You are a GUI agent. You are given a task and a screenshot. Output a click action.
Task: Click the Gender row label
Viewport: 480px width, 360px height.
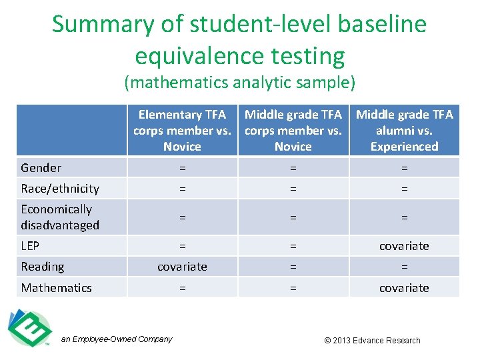pyautogui.click(x=41, y=168)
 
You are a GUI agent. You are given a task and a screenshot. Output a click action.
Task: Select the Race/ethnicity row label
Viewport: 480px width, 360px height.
pyautogui.click(x=60, y=189)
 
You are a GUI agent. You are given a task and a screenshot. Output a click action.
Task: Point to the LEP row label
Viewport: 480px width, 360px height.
pyautogui.click(x=30, y=246)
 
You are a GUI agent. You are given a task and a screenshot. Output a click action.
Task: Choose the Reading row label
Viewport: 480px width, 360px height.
pyautogui.click(x=43, y=267)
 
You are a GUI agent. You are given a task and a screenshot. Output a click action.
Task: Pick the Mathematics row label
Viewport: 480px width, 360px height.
pyautogui.click(x=56, y=288)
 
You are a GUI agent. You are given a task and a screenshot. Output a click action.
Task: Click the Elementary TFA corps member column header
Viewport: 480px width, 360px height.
pyautogui.click(x=182, y=131)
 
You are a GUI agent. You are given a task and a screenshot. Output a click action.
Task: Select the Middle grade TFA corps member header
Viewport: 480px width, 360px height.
pyautogui.click(x=293, y=131)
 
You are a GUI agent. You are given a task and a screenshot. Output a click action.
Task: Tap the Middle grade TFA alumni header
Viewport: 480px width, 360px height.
pyautogui.click(x=404, y=131)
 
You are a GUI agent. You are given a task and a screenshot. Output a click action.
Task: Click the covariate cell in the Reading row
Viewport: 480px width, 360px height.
pyautogui.click(x=182, y=267)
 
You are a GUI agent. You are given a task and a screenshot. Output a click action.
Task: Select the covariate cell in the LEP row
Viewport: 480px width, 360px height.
pyautogui.click(x=404, y=246)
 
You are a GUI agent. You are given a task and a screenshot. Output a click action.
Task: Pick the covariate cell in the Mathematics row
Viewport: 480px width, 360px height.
pyautogui.click(x=404, y=288)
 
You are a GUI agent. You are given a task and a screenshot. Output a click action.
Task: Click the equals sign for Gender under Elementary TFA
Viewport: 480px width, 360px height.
pyautogui.click(x=182, y=168)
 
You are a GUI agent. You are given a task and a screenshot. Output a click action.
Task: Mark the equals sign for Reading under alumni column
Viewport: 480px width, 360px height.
pyautogui.click(x=404, y=267)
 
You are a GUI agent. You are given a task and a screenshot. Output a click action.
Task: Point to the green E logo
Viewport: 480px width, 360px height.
pyautogui.click(x=30, y=328)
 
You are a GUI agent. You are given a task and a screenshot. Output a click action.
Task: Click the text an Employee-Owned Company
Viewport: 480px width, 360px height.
pyautogui.click(x=117, y=339)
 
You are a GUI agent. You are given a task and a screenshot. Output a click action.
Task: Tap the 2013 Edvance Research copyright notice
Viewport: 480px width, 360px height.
pyautogui.click(x=372, y=341)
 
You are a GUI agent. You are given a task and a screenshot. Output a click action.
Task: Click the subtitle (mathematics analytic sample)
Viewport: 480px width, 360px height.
pyautogui.click(x=240, y=83)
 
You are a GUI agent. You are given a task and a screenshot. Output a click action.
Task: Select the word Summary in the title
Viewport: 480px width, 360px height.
pyautogui.click(x=103, y=25)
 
